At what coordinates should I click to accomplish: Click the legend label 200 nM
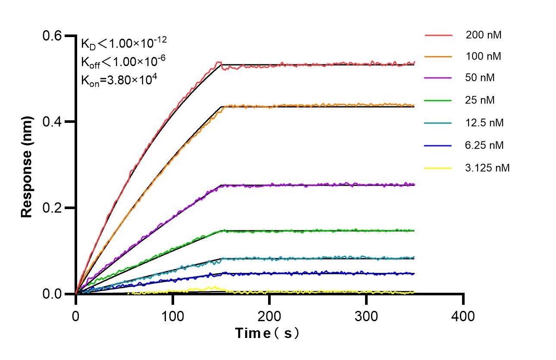click(483, 35)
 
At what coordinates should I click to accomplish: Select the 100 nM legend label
click(483, 56)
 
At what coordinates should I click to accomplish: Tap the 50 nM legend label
click(480, 78)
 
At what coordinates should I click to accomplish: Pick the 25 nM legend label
click(480, 100)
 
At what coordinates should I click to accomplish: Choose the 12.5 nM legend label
click(484, 123)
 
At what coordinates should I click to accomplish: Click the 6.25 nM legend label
click(484, 145)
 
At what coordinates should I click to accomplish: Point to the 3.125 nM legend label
click(487, 168)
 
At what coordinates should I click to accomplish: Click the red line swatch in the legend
click(438, 35)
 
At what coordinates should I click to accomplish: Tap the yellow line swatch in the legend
click(438, 168)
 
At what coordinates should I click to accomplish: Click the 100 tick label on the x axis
click(172, 316)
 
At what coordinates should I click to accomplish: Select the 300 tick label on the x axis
click(366, 316)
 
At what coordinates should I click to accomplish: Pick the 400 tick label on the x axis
click(463, 316)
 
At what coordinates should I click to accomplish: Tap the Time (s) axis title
click(267, 333)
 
